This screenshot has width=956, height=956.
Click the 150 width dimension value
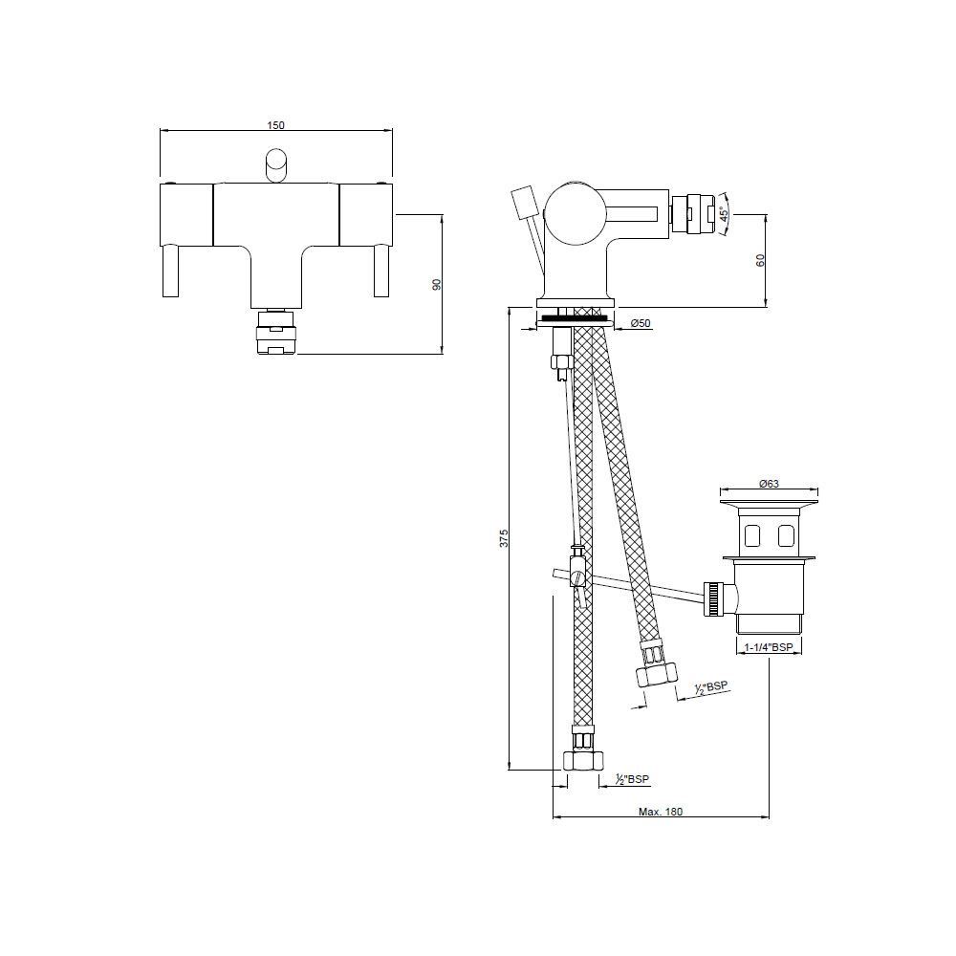pos(275,125)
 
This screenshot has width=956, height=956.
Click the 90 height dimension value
pos(437,285)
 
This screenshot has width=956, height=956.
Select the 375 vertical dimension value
pos(504,538)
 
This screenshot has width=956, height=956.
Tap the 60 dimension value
pos(760,260)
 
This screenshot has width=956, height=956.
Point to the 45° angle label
pos(725,214)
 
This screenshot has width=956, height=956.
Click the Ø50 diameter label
pos(641,324)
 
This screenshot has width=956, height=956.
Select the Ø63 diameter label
pos(769,484)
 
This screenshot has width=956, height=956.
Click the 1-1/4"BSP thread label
pos(769,647)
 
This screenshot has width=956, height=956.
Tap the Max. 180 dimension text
pos(661,812)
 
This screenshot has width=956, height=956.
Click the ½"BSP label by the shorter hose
pos(711,687)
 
